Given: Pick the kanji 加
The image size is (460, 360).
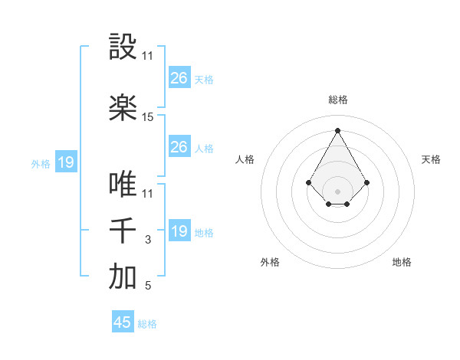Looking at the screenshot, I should (123, 277).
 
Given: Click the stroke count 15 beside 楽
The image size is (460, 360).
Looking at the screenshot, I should (148, 117).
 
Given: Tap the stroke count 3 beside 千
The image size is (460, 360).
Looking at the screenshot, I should (148, 240).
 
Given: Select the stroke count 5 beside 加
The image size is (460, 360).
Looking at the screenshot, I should (148, 286).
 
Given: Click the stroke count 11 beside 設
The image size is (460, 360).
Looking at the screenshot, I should (148, 56).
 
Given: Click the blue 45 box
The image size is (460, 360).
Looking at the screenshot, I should (123, 322).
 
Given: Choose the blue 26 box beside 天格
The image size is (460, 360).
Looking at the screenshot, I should (179, 78).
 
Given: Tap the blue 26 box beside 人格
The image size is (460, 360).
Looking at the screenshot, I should (179, 147).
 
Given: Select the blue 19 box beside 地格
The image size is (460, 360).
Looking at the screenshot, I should (179, 231).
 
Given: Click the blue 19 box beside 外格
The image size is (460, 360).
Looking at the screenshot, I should (65, 162).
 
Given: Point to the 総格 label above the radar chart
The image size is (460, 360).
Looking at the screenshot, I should (337, 100).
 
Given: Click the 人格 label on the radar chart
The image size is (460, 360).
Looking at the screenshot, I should (245, 159).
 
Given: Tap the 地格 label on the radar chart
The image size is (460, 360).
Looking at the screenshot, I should (402, 262).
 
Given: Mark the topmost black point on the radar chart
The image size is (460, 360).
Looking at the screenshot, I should (337, 129).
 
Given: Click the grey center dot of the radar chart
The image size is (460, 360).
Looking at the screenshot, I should (337, 191).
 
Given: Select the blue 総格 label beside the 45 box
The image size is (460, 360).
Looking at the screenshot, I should (147, 324).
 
